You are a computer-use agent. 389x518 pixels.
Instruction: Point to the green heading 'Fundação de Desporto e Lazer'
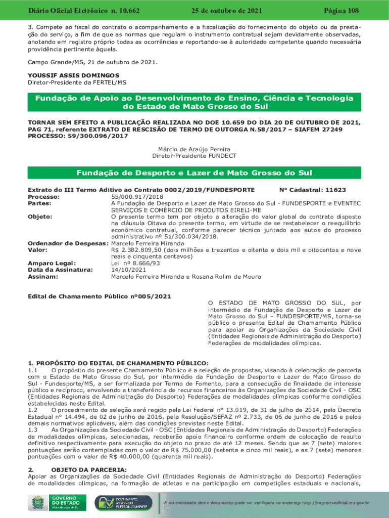pyautogui.click(x=194, y=174)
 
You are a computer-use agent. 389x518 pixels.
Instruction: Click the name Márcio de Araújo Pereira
pyautogui.click(x=194, y=150)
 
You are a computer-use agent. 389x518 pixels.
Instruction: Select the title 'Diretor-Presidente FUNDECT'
pyautogui.click(x=194, y=156)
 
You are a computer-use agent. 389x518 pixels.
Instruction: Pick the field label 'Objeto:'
pyautogui.click(x=40, y=217)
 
